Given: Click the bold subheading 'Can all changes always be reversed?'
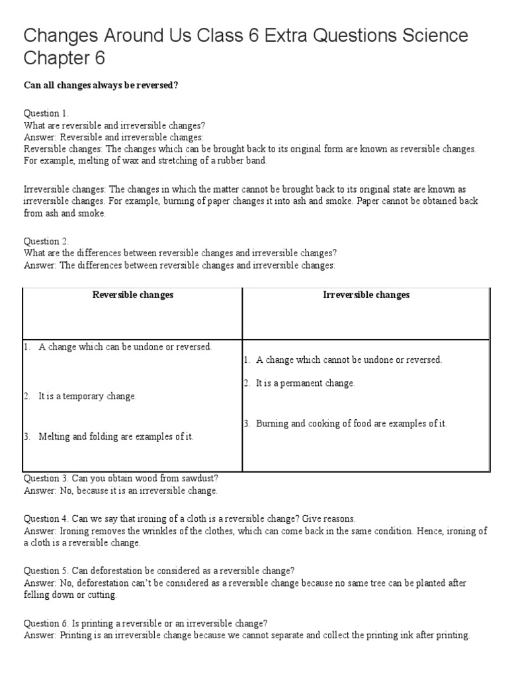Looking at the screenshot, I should [101, 87].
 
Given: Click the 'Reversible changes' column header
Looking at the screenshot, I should [132, 295].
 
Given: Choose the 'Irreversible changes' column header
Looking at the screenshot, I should [366, 295].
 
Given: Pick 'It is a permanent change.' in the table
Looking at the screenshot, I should [305, 383].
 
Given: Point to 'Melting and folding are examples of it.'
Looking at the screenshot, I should [116, 437].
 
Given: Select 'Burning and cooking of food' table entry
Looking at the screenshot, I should [311, 423].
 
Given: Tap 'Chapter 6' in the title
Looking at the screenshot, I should [64, 59].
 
